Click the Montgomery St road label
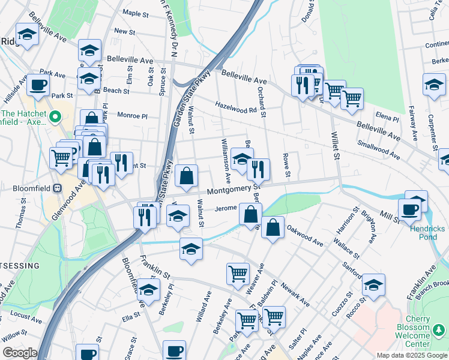(x=234, y=190)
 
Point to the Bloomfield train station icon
(x=58, y=188)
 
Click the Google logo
(x=20, y=353)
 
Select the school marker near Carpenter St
(x=433, y=85)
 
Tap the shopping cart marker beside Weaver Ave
(x=238, y=274)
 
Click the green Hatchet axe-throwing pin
(x=55, y=116)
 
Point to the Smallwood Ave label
(x=378, y=149)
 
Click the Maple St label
(x=135, y=13)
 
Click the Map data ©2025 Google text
(x=411, y=355)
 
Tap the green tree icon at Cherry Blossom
(x=440, y=329)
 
